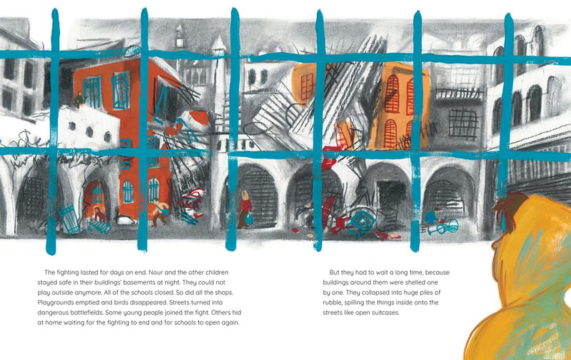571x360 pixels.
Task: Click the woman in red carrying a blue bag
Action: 244,209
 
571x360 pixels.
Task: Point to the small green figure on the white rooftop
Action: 79,99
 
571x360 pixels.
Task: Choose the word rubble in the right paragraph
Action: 332,302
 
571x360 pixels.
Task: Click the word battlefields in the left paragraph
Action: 86,312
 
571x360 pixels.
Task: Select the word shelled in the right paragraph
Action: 412,282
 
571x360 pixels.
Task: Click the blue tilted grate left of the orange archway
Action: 69,218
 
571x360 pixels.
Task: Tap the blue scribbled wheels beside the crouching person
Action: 443,227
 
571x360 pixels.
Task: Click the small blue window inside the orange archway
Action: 97,192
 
